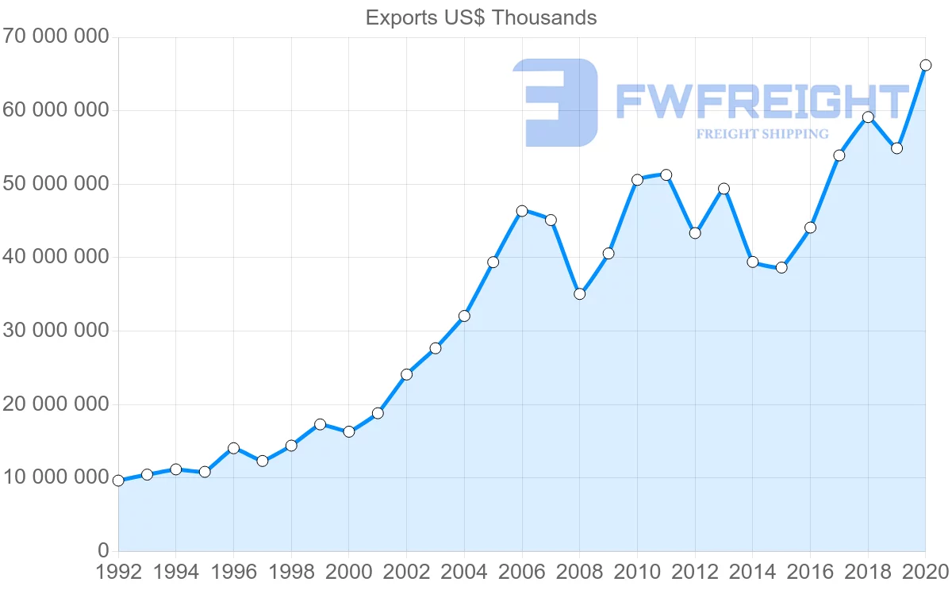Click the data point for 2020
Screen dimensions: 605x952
[x=925, y=65]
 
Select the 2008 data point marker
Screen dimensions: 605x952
[x=579, y=294]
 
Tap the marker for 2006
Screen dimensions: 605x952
[x=522, y=211]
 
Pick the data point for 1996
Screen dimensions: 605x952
[x=233, y=448]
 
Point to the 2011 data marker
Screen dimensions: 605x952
[x=666, y=175]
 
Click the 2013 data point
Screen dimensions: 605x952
[x=724, y=189]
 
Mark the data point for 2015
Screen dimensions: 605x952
[x=781, y=267]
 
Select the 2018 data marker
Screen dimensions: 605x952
[x=868, y=117]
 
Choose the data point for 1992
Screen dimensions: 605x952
[x=118, y=481]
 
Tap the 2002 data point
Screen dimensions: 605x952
[x=406, y=374]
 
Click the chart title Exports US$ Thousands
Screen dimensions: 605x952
[x=481, y=17]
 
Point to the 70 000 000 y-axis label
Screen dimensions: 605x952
[x=55, y=37]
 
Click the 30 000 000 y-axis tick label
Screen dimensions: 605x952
[x=55, y=331]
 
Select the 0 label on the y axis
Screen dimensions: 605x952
[x=102, y=551]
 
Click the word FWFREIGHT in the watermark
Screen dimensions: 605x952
[x=762, y=101]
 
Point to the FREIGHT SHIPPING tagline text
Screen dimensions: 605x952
[x=762, y=134]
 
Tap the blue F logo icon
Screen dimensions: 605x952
[x=555, y=102]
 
